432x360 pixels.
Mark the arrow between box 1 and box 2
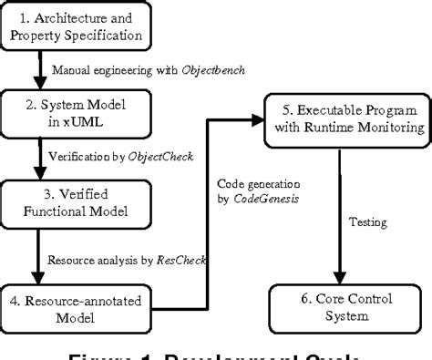(x=41, y=71)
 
